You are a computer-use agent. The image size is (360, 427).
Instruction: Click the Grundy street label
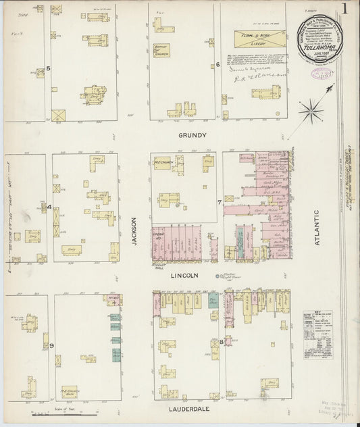(191, 135)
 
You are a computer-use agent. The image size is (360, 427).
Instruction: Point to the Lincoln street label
(184, 276)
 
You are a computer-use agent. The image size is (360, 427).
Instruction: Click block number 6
(217, 65)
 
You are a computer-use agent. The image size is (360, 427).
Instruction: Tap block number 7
(219, 202)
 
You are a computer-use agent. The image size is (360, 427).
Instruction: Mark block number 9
(51, 346)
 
